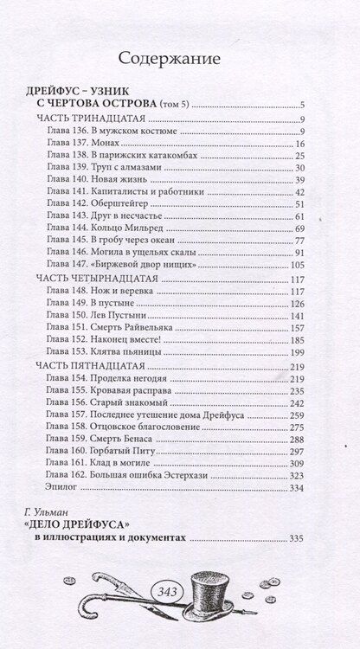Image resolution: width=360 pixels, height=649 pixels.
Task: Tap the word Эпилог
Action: (63, 489)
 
